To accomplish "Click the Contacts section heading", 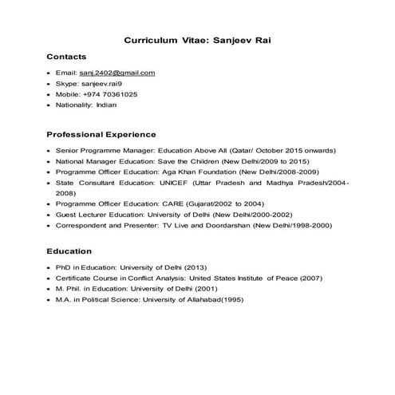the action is (x=66, y=57).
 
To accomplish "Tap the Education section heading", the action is (x=69, y=251).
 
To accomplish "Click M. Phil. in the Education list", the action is (x=69, y=289).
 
